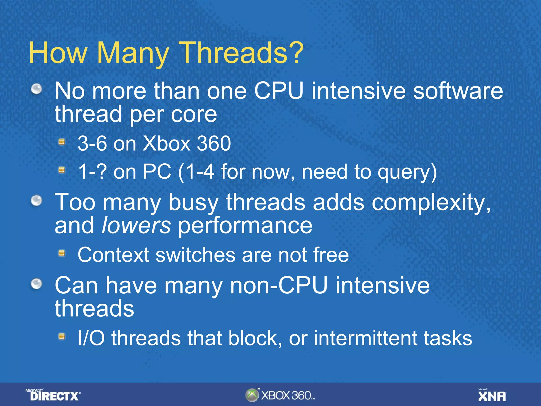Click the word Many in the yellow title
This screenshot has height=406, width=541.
coord(133,54)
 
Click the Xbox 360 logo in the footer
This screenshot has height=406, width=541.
coord(280,395)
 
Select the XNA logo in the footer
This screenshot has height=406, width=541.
coord(492,395)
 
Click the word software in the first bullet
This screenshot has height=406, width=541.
coord(458,91)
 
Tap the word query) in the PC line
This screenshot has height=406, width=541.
coord(407,172)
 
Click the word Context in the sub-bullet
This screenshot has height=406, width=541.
coord(114,255)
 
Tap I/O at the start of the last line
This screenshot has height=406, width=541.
coord(91,338)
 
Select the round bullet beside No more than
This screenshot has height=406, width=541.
coord(37,89)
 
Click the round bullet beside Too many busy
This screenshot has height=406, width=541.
coord(37,200)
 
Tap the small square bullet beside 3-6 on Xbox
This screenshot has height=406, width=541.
coord(62,142)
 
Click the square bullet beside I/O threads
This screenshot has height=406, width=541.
coord(62,336)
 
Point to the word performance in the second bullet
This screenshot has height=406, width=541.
coord(245,226)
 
